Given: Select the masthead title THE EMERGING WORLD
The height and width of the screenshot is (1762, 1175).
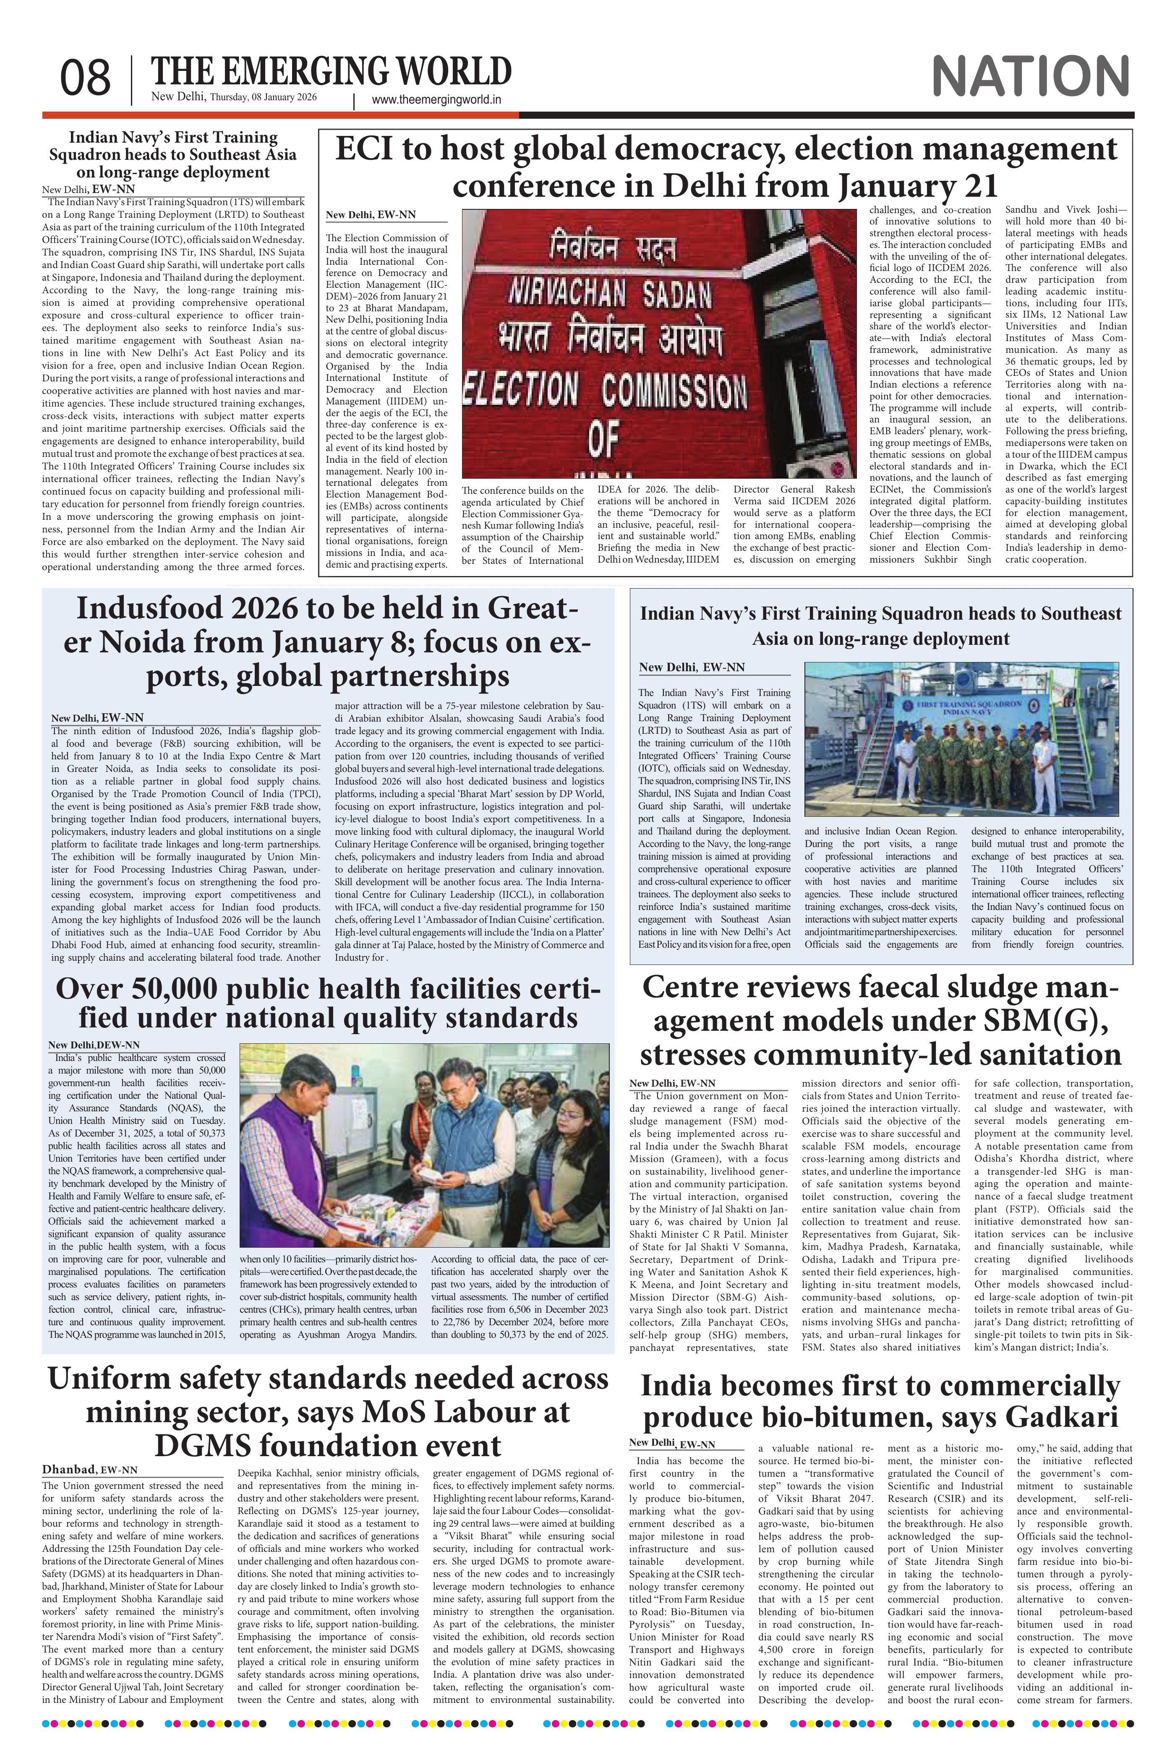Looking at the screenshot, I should (331, 72).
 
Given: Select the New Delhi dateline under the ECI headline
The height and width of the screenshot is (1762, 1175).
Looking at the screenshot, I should (371, 215).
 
